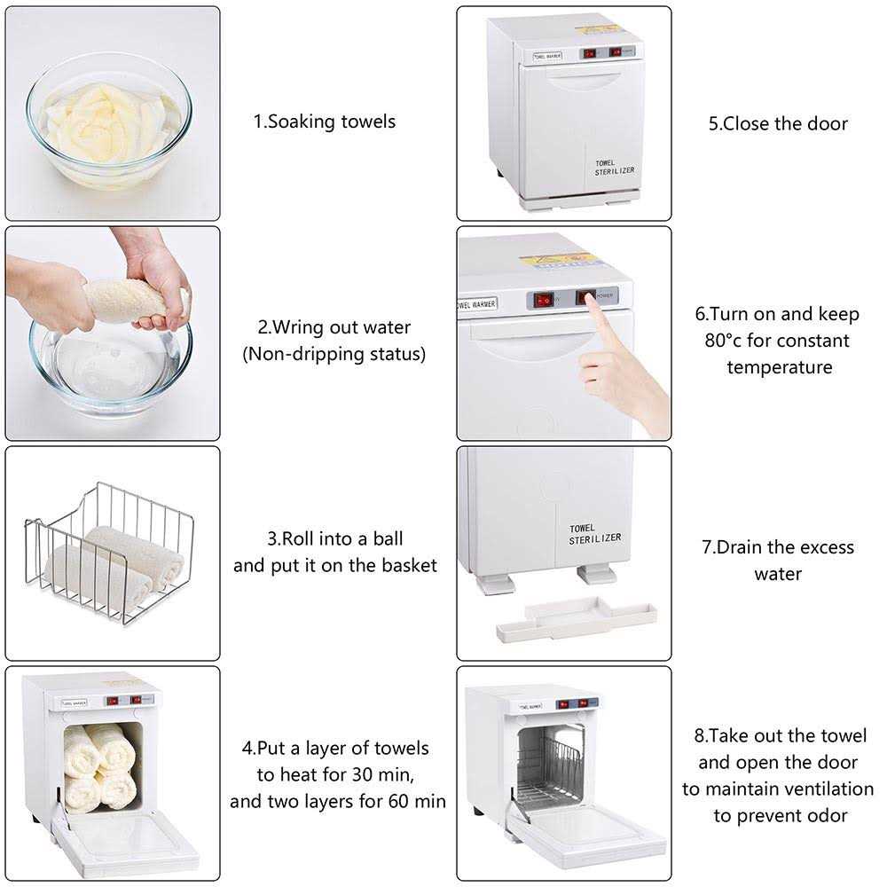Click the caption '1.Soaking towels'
click(x=325, y=122)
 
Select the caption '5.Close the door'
click(x=778, y=123)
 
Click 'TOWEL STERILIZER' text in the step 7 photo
click(x=595, y=533)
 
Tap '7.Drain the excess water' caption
click(x=778, y=560)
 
